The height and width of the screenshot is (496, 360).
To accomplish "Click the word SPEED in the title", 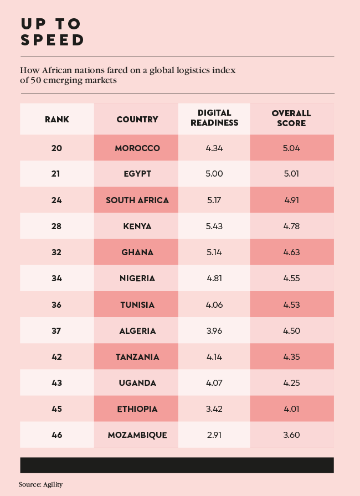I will (x=53, y=40).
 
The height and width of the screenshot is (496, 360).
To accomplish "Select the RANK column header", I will (x=57, y=119).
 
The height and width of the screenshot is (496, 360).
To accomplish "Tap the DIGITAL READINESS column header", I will (x=214, y=118).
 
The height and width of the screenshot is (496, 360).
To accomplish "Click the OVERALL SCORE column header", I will (x=291, y=118).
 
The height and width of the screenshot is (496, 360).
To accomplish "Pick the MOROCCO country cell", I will (x=137, y=148).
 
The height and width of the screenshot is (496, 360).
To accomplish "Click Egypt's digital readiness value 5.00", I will (x=214, y=174).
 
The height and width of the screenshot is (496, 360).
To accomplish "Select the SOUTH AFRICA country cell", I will (x=137, y=200).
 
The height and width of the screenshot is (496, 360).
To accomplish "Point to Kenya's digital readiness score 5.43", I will (x=214, y=226).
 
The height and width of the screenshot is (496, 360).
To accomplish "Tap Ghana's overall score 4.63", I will (x=291, y=252).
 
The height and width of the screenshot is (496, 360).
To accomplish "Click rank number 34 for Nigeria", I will (x=57, y=278).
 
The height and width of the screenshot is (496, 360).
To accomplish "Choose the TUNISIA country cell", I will (x=137, y=304).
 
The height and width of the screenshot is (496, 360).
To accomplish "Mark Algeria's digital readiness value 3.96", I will (x=214, y=330).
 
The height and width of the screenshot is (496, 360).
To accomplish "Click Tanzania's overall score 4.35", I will (x=291, y=356).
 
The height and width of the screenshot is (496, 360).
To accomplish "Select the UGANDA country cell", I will (x=137, y=383).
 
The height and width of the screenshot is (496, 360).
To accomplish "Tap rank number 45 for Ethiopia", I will (x=57, y=409).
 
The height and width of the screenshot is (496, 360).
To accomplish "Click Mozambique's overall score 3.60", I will (x=291, y=435).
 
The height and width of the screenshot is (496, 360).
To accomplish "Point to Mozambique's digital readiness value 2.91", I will (x=214, y=435).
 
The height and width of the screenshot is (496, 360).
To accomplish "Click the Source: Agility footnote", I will (x=40, y=484).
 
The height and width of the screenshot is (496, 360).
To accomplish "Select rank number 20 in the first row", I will (x=57, y=148).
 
